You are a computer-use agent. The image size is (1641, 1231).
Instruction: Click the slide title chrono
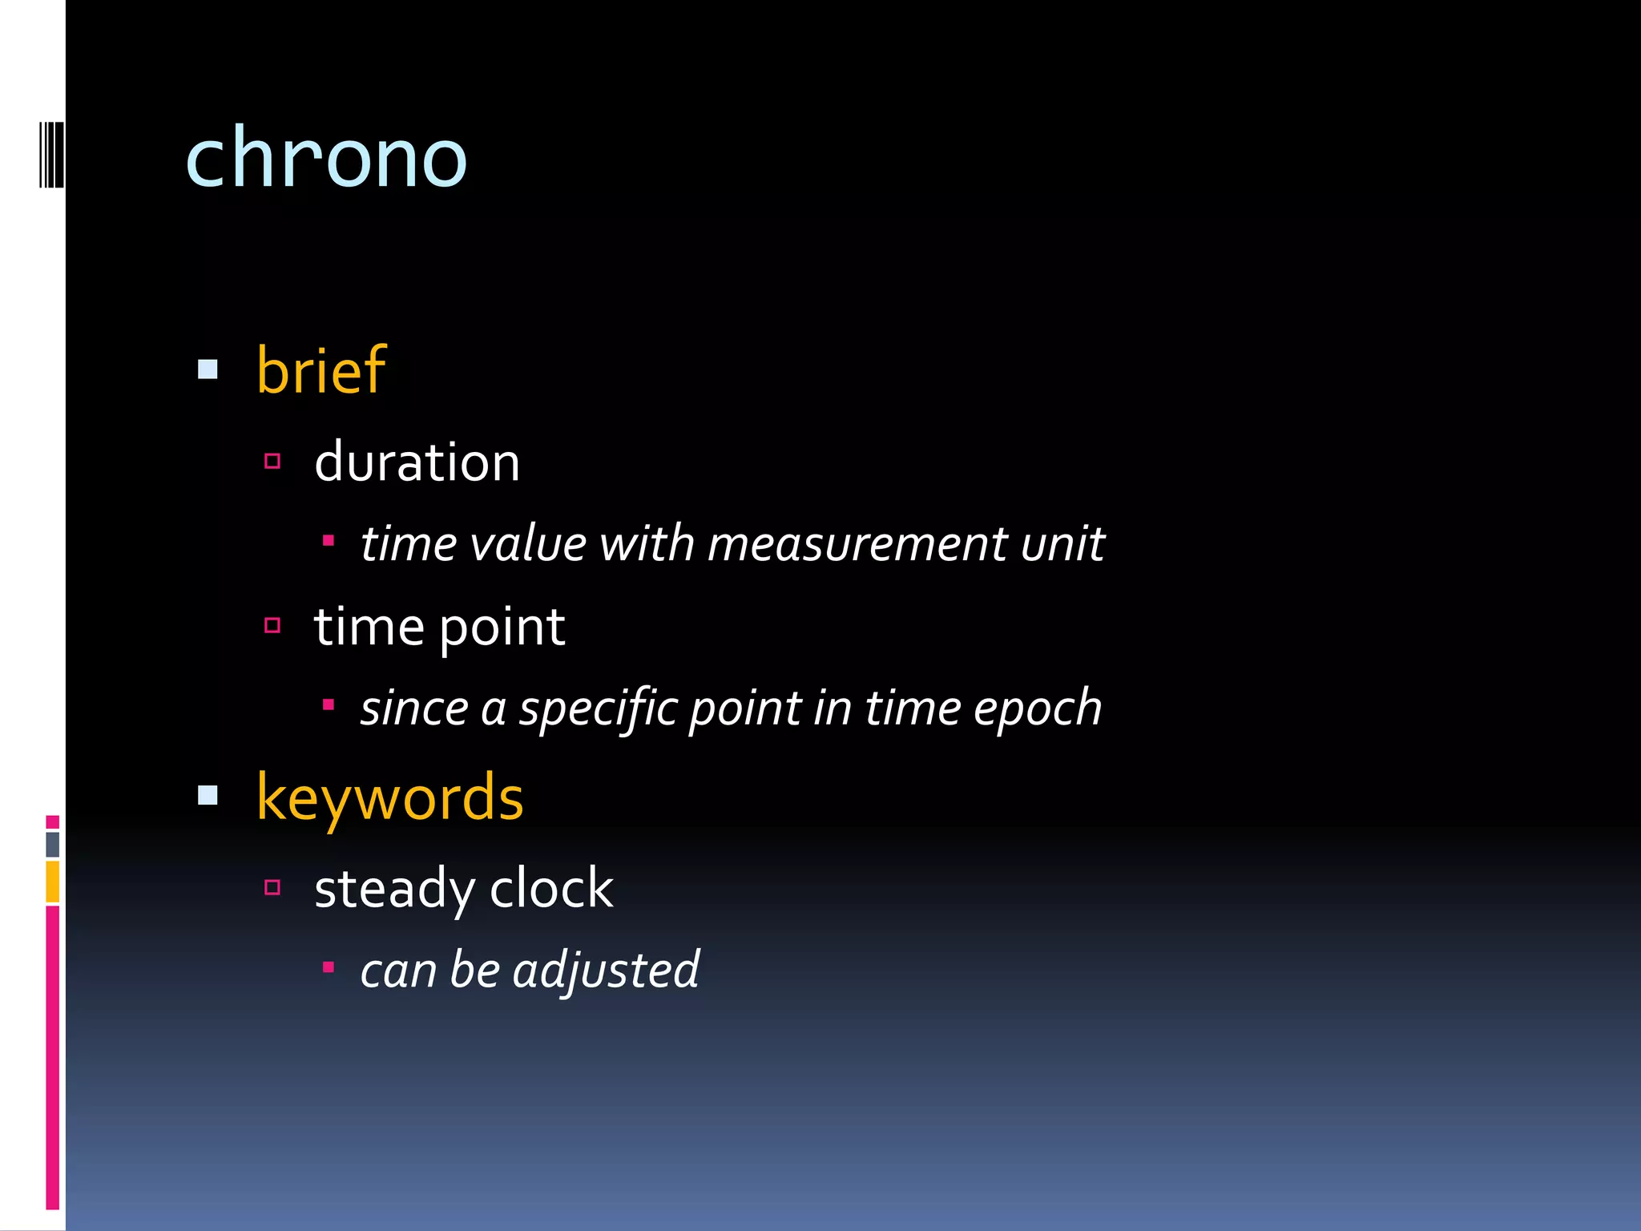(325, 159)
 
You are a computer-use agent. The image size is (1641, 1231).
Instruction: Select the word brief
(321, 370)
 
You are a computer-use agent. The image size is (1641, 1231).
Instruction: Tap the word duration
(417, 463)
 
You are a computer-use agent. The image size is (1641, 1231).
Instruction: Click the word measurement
(857, 544)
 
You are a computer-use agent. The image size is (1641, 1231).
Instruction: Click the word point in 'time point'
(502, 628)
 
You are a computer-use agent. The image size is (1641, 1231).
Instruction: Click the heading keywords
(389, 798)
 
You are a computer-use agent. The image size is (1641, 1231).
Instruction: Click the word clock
(551, 889)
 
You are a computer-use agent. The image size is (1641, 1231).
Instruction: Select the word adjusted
(606, 971)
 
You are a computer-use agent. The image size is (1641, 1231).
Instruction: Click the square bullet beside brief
(208, 369)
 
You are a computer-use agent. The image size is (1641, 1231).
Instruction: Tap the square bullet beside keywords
(208, 795)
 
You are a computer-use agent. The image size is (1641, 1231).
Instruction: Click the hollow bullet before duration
(272, 461)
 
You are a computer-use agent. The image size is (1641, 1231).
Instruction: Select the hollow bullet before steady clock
(272, 887)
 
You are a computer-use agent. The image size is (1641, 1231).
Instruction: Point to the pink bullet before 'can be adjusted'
(328, 967)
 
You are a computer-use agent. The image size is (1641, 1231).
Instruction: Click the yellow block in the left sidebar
(53, 881)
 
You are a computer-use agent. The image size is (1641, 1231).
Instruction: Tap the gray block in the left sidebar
(53, 844)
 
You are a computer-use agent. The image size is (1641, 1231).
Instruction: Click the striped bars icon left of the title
(51, 155)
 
